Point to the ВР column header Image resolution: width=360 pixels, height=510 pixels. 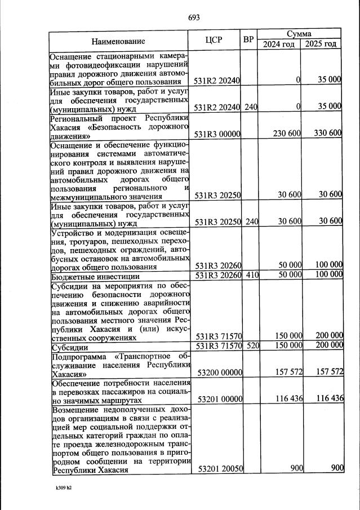tap(248, 40)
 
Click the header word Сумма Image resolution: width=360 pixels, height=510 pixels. tap(300, 34)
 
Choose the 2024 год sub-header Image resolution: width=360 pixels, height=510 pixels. tap(279, 45)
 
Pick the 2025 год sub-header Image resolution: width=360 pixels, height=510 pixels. tap(321, 45)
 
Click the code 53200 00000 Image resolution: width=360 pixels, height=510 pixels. tap(217, 372)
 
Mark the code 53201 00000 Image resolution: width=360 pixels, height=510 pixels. tap(217, 399)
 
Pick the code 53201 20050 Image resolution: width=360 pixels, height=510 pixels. tap(217, 469)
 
